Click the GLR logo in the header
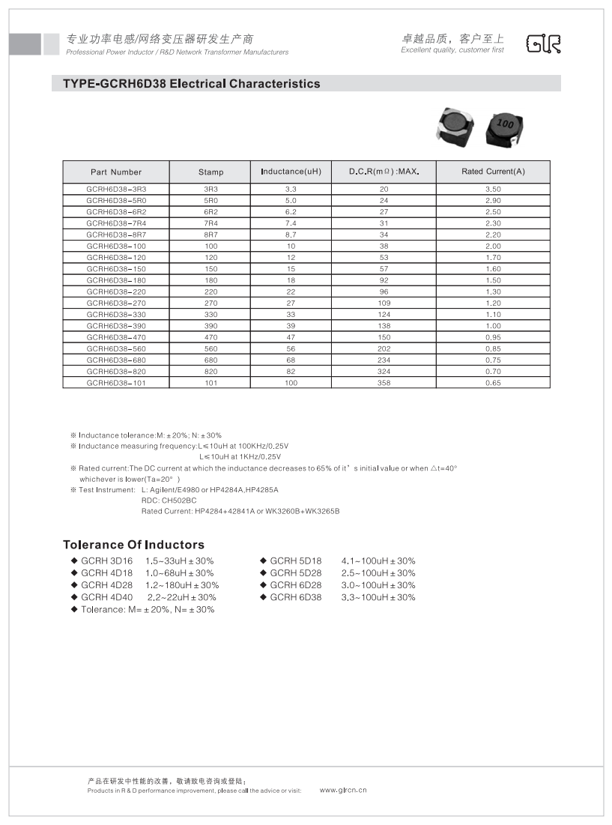point(543,44)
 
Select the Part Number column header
point(116,172)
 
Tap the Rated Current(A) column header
point(493,172)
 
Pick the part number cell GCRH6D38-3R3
point(116,190)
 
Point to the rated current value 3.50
point(493,190)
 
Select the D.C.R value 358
point(384,383)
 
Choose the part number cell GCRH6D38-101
point(116,383)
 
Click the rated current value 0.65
point(493,383)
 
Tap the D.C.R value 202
point(384,348)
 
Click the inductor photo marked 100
point(506,128)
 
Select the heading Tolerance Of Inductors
point(133,545)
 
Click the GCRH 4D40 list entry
point(106,597)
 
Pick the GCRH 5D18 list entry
point(295,561)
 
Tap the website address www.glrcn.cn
point(343,790)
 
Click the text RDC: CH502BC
point(169,500)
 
